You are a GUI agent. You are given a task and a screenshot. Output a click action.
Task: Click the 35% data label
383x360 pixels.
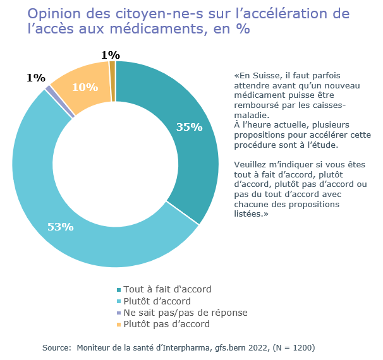189,127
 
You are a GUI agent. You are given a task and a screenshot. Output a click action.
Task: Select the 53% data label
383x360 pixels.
61,227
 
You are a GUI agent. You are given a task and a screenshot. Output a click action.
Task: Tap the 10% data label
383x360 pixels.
85,87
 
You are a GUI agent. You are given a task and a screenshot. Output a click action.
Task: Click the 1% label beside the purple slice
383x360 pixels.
35,78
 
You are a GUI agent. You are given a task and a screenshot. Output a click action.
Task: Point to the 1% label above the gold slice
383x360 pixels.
110,55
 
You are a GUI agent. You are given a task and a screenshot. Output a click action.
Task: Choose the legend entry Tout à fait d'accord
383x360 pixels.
167,289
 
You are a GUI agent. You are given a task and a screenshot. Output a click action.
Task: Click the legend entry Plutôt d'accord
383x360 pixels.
157,301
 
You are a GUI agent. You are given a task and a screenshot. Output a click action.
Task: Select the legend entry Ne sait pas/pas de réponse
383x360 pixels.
185,313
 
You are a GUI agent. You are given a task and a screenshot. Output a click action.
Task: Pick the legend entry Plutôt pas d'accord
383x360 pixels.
166,324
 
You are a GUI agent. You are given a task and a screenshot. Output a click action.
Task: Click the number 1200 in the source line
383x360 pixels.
300,348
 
